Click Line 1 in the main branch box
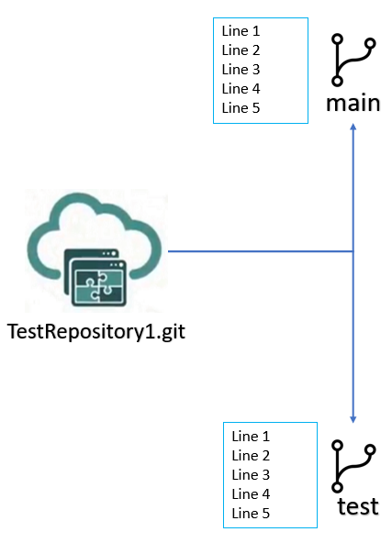tap(241, 31)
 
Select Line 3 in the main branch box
tap(241, 70)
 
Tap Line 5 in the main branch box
tap(241, 108)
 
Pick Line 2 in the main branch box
tap(241, 50)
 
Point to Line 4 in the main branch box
tap(241, 89)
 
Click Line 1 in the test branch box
tap(251, 437)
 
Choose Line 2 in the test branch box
tap(251, 456)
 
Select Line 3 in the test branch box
tap(251, 475)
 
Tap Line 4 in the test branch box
tap(251, 494)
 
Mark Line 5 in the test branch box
tap(251, 514)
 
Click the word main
tap(353, 104)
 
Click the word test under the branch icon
tap(358, 506)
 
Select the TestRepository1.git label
tap(96, 332)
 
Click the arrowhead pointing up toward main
tap(353, 127)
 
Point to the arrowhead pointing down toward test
tap(353, 419)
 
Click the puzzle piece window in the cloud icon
tap(98, 283)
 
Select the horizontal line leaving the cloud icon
tap(261, 251)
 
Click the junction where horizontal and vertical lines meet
tap(353, 251)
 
